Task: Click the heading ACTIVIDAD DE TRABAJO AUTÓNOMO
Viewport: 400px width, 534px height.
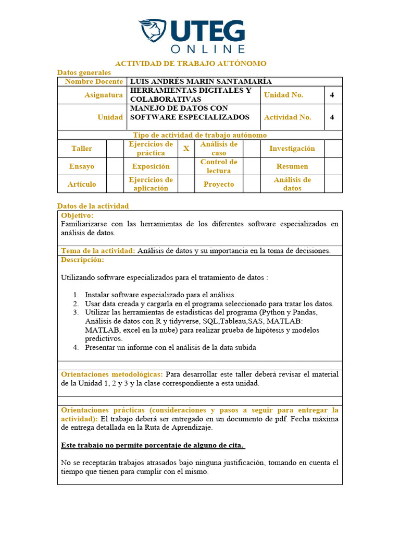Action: (x=191, y=64)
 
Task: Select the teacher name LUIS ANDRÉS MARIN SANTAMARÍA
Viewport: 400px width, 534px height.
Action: (x=201, y=81)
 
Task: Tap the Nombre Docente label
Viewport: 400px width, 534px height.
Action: (x=94, y=81)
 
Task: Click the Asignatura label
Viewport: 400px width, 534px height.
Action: (x=104, y=95)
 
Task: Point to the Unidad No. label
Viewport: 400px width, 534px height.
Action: (x=283, y=95)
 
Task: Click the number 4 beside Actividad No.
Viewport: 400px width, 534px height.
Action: (x=332, y=117)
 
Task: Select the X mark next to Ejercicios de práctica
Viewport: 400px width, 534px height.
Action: (x=186, y=149)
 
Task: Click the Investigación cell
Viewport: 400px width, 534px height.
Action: (x=292, y=149)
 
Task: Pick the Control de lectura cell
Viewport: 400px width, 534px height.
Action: (x=219, y=166)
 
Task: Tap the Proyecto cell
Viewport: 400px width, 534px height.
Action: (x=219, y=184)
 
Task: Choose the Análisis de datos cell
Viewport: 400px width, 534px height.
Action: (x=292, y=184)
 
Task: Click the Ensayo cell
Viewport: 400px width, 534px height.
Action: (x=82, y=166)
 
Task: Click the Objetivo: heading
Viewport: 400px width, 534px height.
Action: (x=77, y=215)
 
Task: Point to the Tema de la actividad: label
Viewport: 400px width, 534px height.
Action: (x=98, y=251)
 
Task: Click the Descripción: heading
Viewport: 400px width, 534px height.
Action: (x=82, y=260)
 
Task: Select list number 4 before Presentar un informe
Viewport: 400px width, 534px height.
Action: (x=76, y=348)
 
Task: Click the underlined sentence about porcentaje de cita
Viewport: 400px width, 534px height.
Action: (x=153, y=445)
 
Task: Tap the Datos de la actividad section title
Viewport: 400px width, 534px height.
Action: (x=93, y=206)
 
